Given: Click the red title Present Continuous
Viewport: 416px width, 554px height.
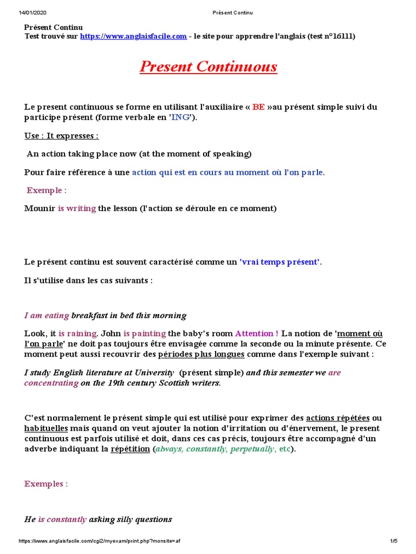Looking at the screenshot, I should point(208,67).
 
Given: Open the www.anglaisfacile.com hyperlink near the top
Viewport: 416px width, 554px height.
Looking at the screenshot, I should point(133,36).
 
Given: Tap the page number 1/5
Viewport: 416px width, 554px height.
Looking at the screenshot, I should point(393,541).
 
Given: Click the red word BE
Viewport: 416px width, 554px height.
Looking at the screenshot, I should point(258,107).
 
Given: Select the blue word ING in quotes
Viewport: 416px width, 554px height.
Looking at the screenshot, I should point(181,118).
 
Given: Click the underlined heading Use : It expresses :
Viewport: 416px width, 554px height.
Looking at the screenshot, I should point(62,136).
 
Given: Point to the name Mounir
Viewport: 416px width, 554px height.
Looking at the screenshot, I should point(40,208).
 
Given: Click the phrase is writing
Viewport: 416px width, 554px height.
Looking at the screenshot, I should point(77,208).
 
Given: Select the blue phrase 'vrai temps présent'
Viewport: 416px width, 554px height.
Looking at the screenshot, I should point(280,262).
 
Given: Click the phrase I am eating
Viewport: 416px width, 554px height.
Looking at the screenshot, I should point(47,315).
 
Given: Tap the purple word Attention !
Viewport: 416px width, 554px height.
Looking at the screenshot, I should point(257,333).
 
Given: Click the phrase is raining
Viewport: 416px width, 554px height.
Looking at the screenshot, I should point(77,333).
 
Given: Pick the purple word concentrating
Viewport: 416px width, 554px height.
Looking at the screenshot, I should point(51,383).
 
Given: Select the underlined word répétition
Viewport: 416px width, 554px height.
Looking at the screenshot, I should point(130,449).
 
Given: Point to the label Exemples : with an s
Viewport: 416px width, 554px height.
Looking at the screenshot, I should point(45,484).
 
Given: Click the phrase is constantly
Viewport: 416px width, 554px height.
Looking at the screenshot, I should point(62,519).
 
